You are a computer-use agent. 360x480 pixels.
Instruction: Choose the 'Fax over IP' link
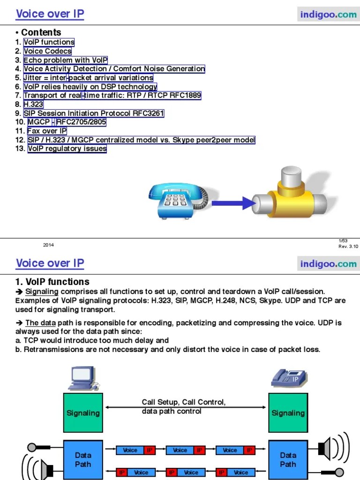pos(47,131)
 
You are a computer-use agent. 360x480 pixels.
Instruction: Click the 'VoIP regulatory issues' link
pos(67,149)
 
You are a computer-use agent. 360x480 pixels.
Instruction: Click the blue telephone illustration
pos(176,200)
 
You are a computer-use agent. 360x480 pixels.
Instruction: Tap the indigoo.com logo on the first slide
pos(328,15)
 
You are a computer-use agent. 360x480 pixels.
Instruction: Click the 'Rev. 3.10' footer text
pos(348,247)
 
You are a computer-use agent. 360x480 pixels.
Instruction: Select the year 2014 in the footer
pos(48,245)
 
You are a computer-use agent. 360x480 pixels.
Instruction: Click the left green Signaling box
pos(83,413)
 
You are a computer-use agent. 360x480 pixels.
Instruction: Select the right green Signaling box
pos(288,413)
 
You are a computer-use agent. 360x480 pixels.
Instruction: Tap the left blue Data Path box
pos(83,459)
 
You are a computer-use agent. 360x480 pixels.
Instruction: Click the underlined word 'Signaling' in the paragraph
pos(42,291)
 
